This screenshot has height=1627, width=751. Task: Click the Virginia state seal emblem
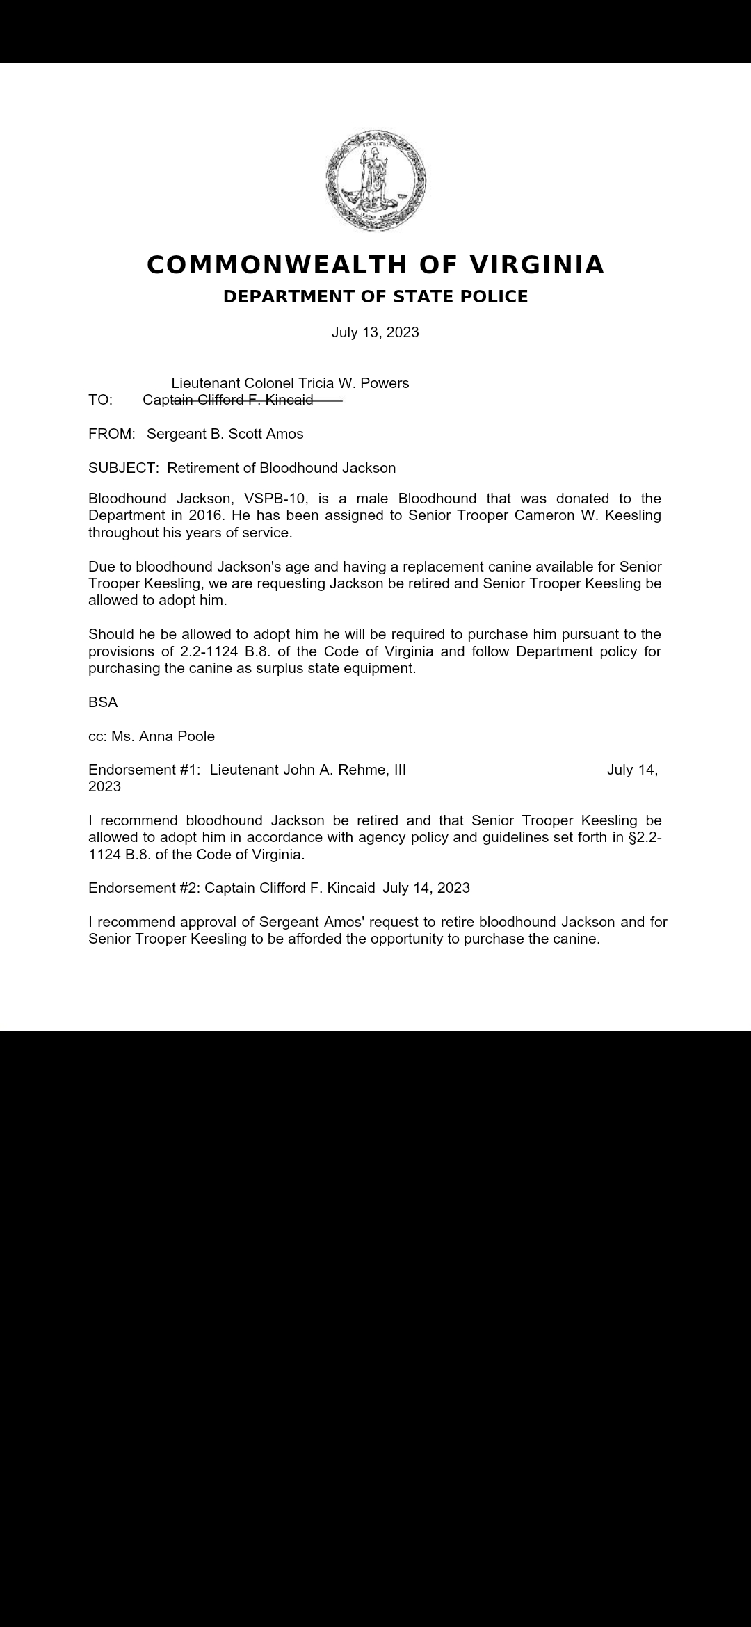pyautogui.click(x=375, y=180)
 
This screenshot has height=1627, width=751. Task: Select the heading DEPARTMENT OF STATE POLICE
pyautogui.click(x=375, y=297)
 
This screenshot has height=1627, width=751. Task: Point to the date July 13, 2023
pyautogui.click(x=375, y=332)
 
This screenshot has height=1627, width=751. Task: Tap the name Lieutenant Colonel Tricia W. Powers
pyautogui.click(x=290, y=383)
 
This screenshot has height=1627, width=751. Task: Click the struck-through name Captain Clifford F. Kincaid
pyautogui.click(x=228, y=400)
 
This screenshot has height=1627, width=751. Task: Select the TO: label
pyautogui.click(x=101, y=400)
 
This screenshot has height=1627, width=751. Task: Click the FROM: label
pyautogui.click(x=111, y=434)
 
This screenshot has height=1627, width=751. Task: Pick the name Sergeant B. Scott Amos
pyautogui.click(x=225, y=434)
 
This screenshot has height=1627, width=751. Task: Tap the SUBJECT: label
pyautogui.click(x=123, y=468)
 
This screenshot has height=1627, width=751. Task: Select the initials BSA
pyautogui.click(x=103, y=702)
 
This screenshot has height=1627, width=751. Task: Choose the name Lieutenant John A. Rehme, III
pyautogui.click(x=308, y=770)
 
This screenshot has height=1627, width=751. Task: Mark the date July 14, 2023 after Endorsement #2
pyautogui.click(x=426, y=888)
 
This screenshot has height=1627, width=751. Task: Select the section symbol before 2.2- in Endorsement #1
pyautogui.click(x=632, y=837)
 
